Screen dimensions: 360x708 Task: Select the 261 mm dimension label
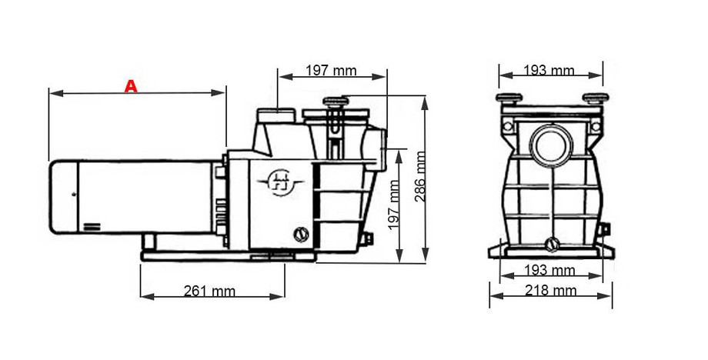pyautogui.click(x=209, y=291)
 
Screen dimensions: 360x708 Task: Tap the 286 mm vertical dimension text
pyautogui.click(x=420, y=176)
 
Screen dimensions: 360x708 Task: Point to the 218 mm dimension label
pyautogui.click(x=550, y=290)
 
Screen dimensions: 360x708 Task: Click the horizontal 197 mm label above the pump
pyautogui.click(x=331, y=71)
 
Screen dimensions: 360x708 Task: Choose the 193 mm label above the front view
pyautogui.click(x=549, y=71)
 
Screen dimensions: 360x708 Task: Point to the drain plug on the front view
pyautogui.click(x=551, y=245)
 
